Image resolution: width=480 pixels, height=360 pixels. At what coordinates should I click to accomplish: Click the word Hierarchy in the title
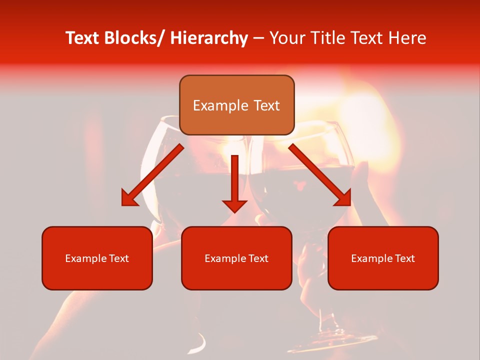pos(209,38)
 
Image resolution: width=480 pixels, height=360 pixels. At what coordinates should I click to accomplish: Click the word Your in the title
pos(286,38)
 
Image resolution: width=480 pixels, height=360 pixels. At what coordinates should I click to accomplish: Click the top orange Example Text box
pos(236,105)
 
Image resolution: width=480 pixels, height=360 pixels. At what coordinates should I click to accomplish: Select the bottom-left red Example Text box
pos(97,258)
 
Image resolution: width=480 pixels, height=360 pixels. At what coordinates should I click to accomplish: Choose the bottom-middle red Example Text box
pos(236,258)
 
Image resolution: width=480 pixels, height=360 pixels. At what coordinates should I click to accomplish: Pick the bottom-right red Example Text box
pos(383,258)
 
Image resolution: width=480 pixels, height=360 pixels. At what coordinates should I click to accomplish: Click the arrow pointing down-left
pos(152,175)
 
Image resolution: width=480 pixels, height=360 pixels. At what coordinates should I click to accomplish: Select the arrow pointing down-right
pos(320,175)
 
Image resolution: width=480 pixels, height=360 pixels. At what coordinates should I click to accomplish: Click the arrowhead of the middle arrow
pos(234,205)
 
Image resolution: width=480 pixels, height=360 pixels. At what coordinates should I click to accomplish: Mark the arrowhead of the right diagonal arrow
pos(343,198)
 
